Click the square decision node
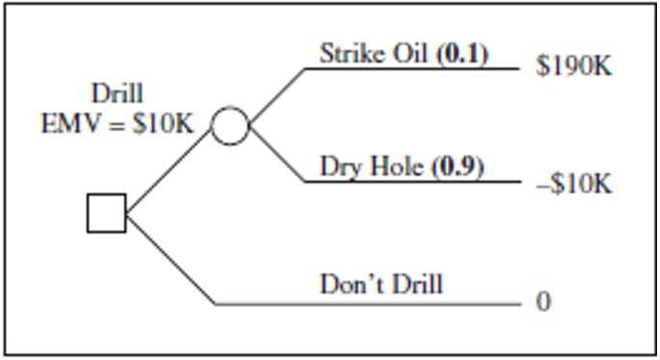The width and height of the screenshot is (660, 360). tap(106, 213)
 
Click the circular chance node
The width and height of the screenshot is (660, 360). tap(230, 125)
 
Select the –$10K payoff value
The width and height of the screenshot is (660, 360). tap(569, 184)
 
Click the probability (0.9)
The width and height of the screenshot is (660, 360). tap(457, 167)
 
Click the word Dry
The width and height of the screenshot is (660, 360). tap(340, 167)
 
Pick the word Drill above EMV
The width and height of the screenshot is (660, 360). tap(117, 94)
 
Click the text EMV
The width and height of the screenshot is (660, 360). tap(68, 125)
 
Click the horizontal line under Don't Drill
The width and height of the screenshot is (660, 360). tap(367, 304)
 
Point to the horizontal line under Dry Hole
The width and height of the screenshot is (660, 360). tap(415, 181)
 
